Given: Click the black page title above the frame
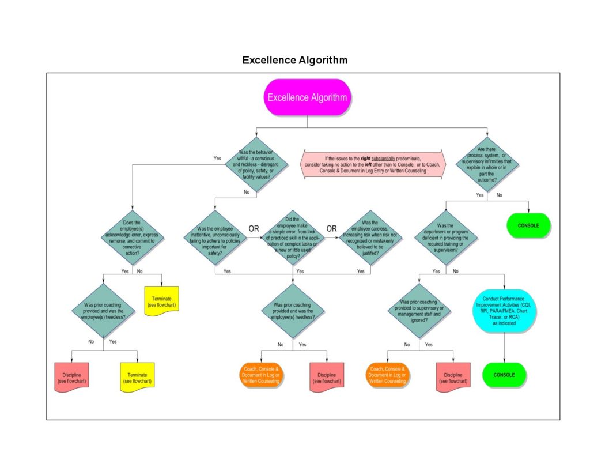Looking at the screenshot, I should [294, 60].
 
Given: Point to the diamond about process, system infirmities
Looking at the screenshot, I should [487, 164].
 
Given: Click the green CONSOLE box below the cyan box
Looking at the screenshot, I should [504, 375].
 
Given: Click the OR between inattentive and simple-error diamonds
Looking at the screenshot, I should [254, 228].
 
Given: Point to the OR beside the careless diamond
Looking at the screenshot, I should [332, 228].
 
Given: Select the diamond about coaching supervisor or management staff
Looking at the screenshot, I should [420, 311].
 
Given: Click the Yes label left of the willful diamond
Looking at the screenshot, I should [217, 158].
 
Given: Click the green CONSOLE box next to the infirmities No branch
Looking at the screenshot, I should [528, 225].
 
